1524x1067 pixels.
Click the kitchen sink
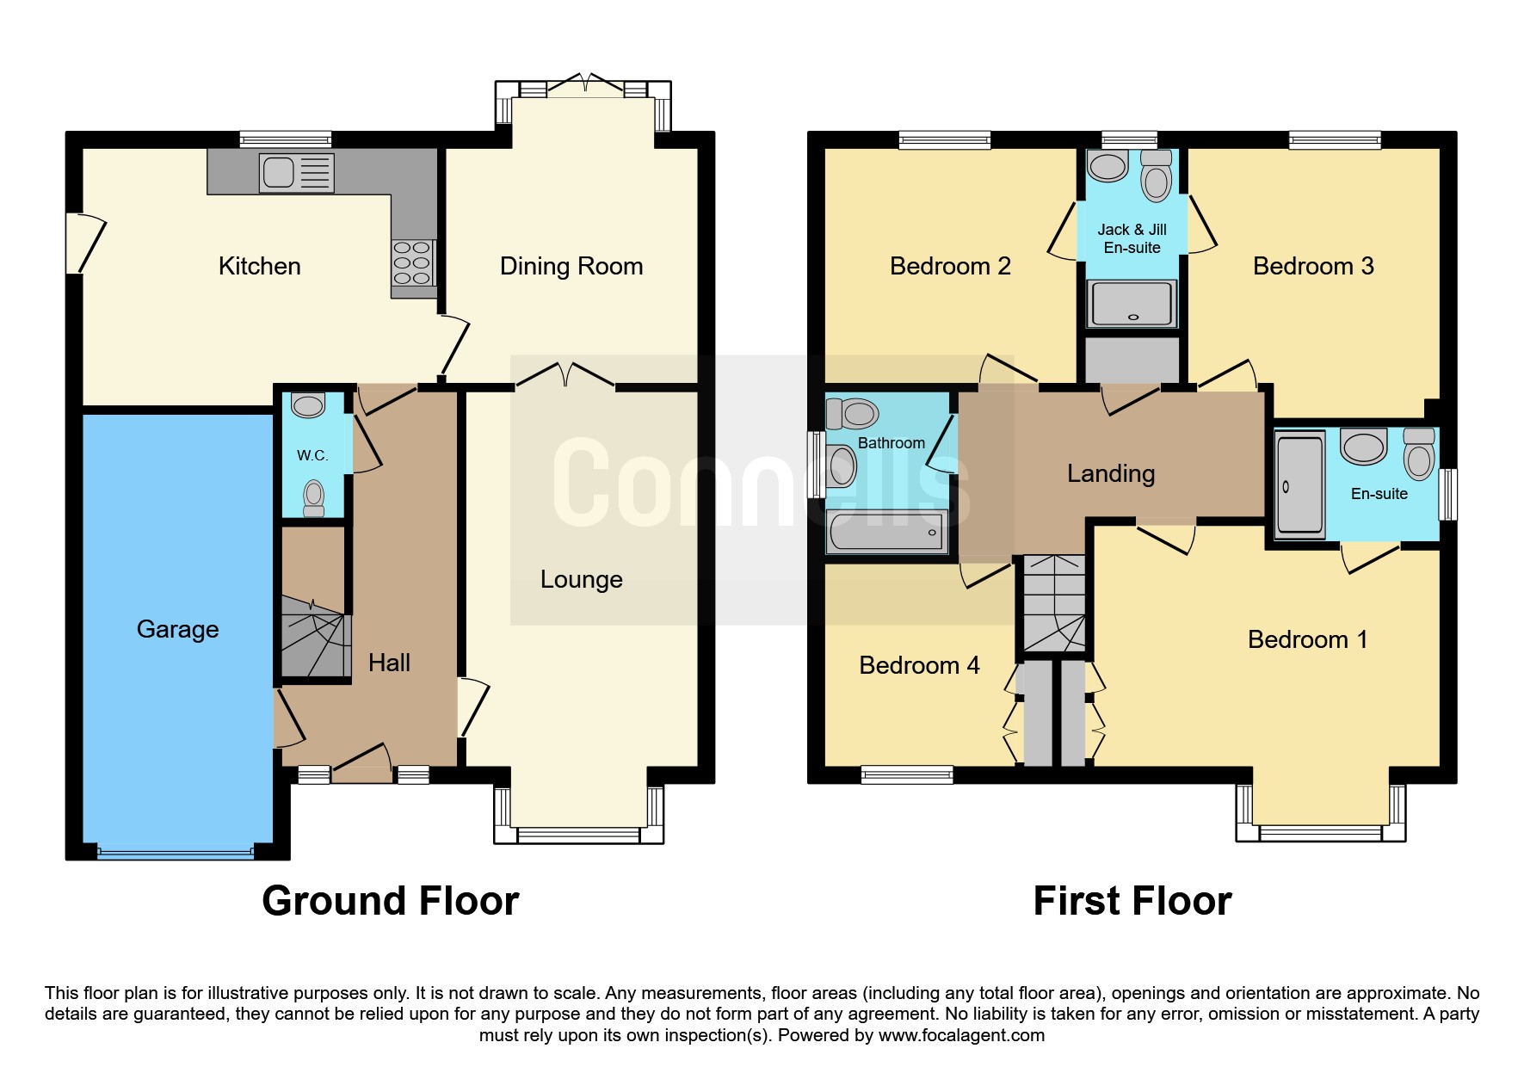coord(296,173)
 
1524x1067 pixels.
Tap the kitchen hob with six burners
coord(413,262)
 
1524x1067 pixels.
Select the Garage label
coord(178,629)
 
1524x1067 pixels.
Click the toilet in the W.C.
coord(314,498)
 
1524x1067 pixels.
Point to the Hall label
coord(389,663)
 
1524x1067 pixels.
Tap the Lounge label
coord(582,580)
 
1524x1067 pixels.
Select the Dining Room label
coord(571,266)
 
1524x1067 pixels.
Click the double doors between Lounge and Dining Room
coord(565,376)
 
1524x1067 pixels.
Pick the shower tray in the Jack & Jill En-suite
coord(1132,304)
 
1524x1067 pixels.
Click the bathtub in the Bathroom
coord(887,532)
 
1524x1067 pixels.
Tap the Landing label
coord(1111,473)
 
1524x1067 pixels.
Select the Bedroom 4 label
coord(919,665)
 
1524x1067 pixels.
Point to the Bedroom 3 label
coord(1313,266)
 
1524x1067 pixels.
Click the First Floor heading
coord(1132,901)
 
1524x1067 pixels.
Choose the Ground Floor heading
coord(391,901)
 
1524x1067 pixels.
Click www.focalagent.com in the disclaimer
coord(961,1035)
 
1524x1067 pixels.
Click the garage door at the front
coord(176,853)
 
